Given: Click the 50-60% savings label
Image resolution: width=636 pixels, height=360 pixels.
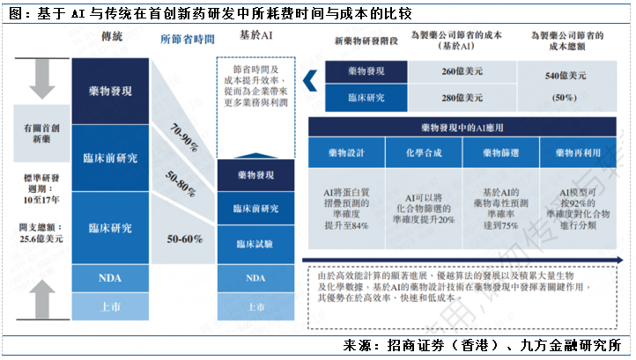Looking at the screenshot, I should point(187,239).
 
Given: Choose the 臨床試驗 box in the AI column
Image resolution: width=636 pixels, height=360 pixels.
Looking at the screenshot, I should point(255,243).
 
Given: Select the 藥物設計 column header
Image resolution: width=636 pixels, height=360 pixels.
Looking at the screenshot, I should point(344,152).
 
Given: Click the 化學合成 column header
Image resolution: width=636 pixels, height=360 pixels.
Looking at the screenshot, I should point(418,152).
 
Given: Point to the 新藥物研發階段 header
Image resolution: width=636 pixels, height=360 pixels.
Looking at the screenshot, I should point(364,41).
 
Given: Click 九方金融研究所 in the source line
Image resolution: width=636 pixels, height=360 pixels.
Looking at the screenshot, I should point(572,344).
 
